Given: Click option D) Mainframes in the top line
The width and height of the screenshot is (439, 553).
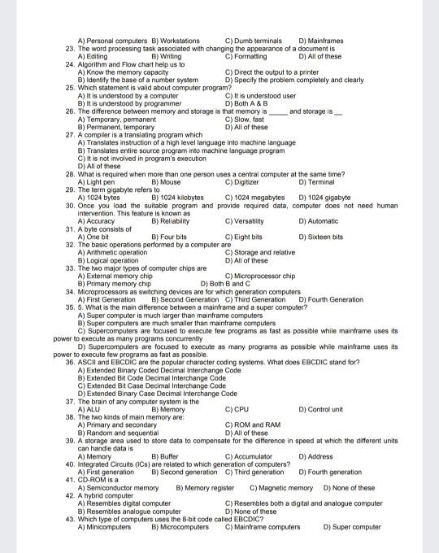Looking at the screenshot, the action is [321, 40].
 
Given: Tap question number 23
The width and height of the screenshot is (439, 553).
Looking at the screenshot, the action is [70, 48].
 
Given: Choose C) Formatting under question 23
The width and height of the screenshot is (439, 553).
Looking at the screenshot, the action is [246, 56].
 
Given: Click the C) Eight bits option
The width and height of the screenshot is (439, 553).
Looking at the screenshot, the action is [246, 237].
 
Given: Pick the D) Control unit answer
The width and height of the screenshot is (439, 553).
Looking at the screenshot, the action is [320, 409].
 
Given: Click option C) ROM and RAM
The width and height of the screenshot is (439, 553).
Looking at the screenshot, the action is [252, 425].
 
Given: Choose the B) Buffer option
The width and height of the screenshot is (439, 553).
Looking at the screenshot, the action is [165, 456].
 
